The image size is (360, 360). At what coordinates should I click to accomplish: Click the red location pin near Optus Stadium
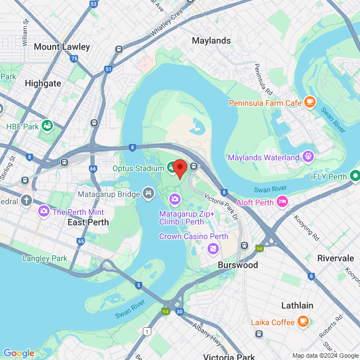point(179,168)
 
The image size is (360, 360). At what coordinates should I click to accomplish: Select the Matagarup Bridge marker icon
point(148,193)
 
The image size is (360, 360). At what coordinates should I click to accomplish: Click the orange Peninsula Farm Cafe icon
point(309,102)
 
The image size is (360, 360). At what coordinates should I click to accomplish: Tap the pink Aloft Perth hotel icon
point(282,201)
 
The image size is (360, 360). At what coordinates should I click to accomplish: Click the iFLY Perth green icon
point(355,176)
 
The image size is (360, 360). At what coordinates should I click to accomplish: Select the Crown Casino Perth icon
point(213,248)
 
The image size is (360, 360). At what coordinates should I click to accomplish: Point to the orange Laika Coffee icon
point(303,322)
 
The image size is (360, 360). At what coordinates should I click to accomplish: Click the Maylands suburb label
point(211,40)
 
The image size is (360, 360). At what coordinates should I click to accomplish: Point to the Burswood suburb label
point(238,265)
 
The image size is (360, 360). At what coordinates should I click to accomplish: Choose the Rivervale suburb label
point(335,258)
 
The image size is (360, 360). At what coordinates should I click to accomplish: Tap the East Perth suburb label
point(88,222)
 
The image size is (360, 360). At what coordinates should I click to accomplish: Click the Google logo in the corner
point(19,353)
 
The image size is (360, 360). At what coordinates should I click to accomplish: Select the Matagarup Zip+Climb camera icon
point(174,199)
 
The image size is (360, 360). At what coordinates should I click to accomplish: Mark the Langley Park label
point(44,258)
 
